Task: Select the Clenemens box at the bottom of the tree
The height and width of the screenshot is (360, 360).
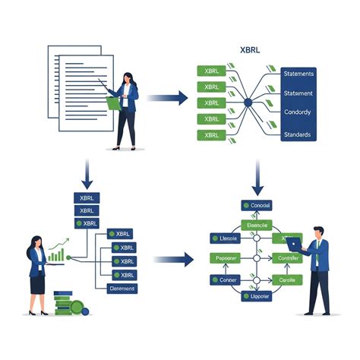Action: click(x=122, y=288)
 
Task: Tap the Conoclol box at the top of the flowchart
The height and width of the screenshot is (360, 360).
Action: click(x=256, y=206)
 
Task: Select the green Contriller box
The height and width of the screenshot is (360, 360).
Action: click(x=289, y=259)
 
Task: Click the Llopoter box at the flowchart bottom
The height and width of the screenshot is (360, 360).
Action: click(x=257, y=298)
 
